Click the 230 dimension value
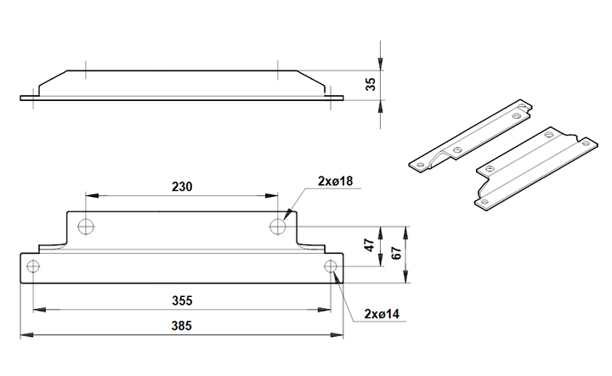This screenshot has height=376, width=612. (182, 187)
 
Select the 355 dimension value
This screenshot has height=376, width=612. (182, 300)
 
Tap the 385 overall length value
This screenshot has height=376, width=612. (182, 325)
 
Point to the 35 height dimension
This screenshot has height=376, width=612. (371, 84)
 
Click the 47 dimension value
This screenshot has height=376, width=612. (369, 245)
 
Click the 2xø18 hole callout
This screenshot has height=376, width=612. (335, 181)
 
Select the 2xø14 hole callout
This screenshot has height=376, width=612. (382, 314)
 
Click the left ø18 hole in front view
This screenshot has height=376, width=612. (86, 226)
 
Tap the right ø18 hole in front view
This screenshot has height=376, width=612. (277, 226)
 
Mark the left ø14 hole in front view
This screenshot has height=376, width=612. (33, 267)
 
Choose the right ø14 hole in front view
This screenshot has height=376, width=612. (331, 267)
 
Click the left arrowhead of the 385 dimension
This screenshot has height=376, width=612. (26, 334)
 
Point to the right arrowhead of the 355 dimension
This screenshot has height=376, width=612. (325, 310)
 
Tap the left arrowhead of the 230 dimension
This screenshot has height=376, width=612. (92, 195)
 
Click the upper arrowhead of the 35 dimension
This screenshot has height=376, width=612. (381, 65)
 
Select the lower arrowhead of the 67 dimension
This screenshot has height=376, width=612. (406, 277)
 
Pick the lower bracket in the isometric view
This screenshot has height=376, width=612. (535, 171)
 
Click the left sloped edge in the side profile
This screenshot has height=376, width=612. (53, 78)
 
